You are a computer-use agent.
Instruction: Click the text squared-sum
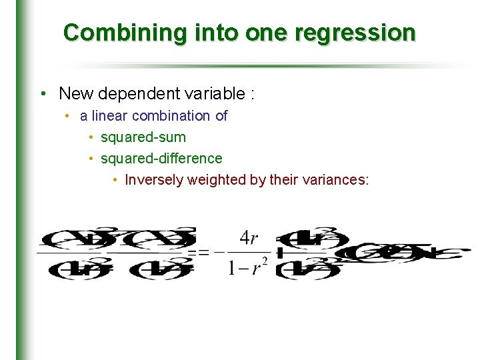143,137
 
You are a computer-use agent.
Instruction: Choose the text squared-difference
161,159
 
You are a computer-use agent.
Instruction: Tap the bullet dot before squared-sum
91,137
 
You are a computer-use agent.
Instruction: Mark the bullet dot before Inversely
116,180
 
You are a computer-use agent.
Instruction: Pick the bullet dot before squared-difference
91,159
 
